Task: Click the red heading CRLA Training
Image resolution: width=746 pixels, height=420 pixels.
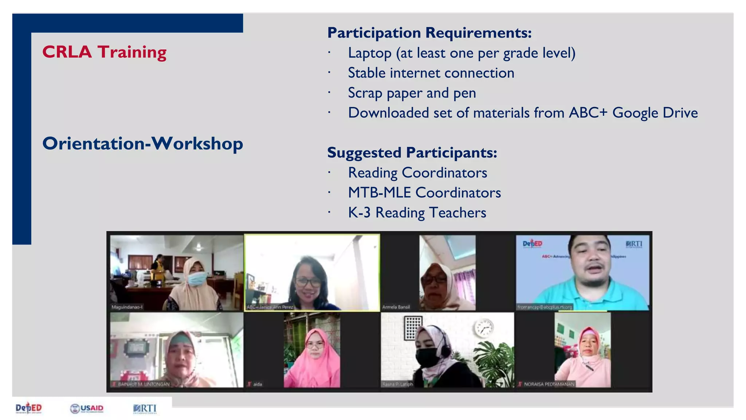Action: pos(104,52)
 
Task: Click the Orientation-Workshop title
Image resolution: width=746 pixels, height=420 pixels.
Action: pos(142,143)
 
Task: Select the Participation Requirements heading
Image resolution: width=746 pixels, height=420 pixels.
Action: pos(429,33)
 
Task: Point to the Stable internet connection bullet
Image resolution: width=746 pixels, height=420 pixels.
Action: pos(431,73)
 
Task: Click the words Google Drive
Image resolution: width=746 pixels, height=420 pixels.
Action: pos(655,113)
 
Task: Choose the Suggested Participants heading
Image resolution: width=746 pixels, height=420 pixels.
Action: pos(412,152)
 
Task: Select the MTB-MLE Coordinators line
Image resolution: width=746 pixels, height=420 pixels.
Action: pos(424,192)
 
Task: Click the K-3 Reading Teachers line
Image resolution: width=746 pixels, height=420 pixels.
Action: pos(417,213)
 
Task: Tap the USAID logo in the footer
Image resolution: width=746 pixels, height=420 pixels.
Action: pos(87,408)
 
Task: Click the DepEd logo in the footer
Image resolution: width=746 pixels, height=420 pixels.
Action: pos(29,408)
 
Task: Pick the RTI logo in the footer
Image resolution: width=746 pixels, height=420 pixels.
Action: pos(145,408)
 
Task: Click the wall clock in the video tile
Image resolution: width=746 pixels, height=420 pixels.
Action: pos(484,328)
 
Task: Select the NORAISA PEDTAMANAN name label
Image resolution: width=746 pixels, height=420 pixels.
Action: pos(549,384)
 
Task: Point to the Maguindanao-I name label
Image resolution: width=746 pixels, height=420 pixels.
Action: pos(127,307)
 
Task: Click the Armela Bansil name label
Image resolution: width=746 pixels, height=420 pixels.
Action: pos(396,307)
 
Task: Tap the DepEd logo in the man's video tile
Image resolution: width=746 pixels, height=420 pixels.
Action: pos(532,244)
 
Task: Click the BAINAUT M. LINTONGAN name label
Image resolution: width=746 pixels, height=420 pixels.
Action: pos(143,384)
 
